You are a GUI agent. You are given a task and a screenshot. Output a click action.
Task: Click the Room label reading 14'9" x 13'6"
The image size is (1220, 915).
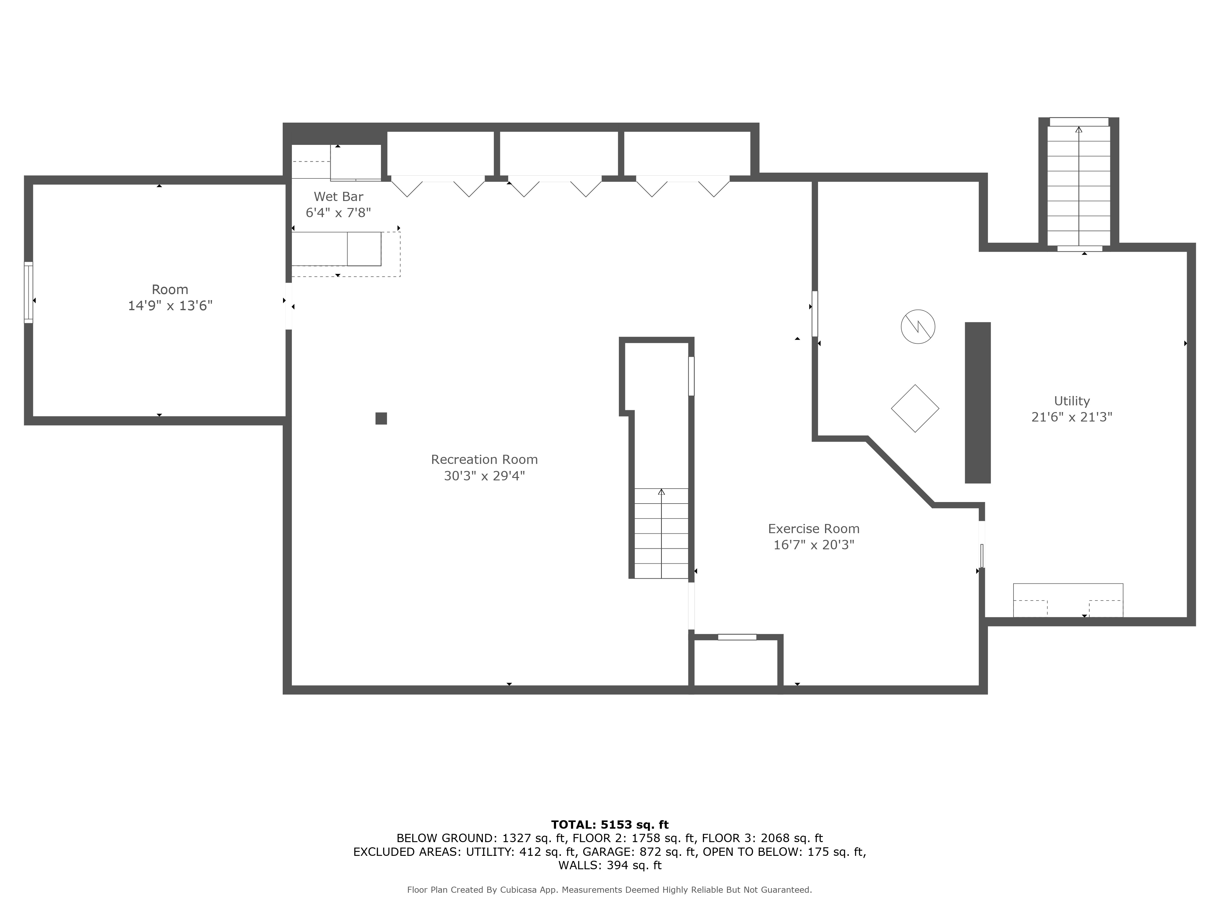click(x=170, y=306)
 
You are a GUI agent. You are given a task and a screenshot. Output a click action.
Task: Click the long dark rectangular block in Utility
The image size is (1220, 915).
click(x=977, y=403)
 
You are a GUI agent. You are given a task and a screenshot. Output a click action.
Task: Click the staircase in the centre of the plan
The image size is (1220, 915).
click(x=661, y=533)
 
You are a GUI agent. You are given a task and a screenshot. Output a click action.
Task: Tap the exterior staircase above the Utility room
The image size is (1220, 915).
click(x=1078, y=185)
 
